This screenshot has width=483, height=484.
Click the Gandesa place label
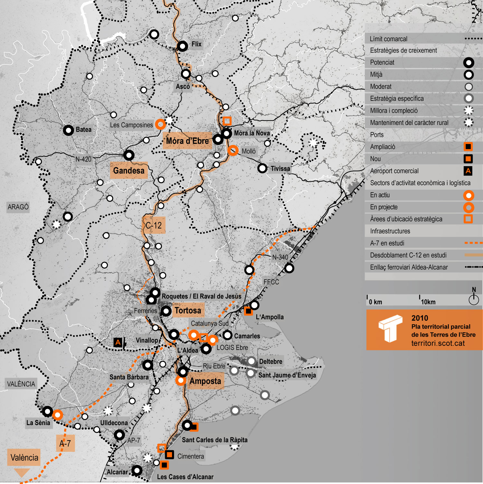[x=129, y=170]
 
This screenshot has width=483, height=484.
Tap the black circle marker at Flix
[x=182, y=46]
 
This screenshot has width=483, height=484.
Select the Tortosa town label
[x=188, y=310]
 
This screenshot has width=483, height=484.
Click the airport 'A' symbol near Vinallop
[x=118, y=342]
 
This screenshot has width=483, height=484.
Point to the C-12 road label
[x=154, y=225]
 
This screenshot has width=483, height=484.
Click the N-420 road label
[x=83, y=159]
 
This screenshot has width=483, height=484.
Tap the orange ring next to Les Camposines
[x=160, y=124]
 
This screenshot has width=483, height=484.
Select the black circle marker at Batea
[x=68, y=130]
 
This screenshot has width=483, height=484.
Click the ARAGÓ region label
[x=18, y=207]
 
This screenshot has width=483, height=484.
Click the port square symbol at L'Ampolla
[x=248, y=311]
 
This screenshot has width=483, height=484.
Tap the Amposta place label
[x=205, y=381]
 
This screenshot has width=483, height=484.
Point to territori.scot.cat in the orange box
[x=438, y=343]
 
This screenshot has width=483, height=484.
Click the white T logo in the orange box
[x=390, y=328]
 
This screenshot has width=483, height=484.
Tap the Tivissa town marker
[x=262, y=168]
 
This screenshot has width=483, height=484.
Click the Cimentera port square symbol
[x=169, y=454]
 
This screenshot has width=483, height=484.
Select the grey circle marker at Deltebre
[x=251, y=361]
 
